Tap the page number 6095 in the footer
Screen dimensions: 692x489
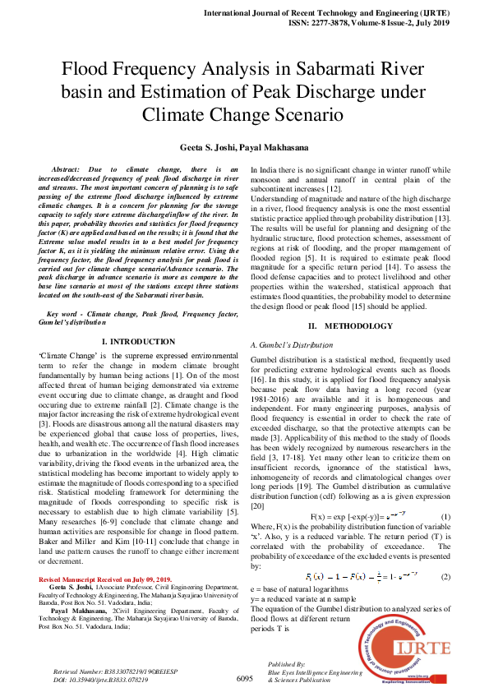coord(244,679)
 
